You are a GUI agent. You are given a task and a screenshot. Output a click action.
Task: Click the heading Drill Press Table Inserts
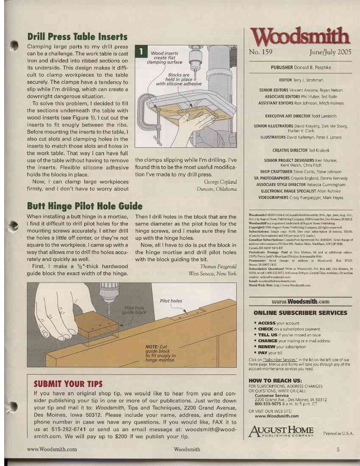click(77, 36)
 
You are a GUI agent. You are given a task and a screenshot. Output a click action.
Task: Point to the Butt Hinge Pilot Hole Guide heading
click(84, 206)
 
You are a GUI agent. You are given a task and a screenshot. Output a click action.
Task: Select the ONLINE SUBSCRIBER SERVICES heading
click(300, 313)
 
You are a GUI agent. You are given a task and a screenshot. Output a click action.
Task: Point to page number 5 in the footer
click(338, 449)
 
